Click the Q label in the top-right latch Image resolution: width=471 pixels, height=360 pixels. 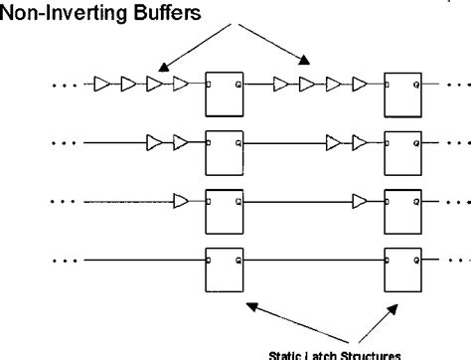[x=417, y=85]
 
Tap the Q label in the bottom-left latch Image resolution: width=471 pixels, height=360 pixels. [x=235, y=261]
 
